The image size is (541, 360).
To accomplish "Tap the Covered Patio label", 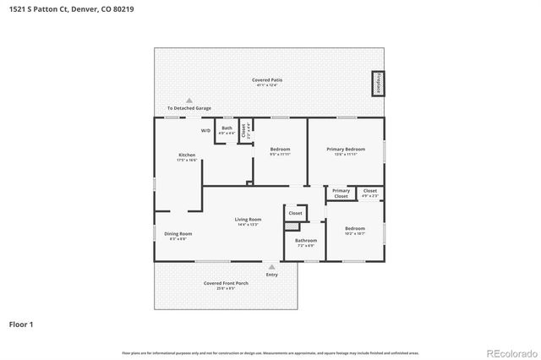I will [267, 80].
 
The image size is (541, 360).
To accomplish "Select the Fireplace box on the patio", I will [377, 85].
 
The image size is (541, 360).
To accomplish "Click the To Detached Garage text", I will [189, 108].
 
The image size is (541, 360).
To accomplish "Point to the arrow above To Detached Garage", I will [189, 100].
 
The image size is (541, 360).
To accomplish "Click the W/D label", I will [206, 131].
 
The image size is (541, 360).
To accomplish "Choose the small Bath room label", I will [227, 128].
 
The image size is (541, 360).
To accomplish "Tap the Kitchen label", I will [187, 155].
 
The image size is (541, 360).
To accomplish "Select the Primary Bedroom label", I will [345, 149].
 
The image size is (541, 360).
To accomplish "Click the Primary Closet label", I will [341, 194].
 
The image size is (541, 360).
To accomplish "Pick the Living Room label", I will [248, 220].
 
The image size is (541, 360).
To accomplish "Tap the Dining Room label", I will [178, 234].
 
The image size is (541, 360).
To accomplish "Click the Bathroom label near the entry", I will [304, 241].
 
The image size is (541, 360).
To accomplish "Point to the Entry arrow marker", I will [271, 266].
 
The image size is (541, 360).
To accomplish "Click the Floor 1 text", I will [21, 324].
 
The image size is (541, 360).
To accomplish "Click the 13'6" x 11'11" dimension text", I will [345, 155].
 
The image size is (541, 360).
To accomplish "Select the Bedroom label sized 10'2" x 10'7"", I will [354, 228].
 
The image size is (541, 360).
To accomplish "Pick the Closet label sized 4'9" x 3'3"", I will [370, 191].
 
